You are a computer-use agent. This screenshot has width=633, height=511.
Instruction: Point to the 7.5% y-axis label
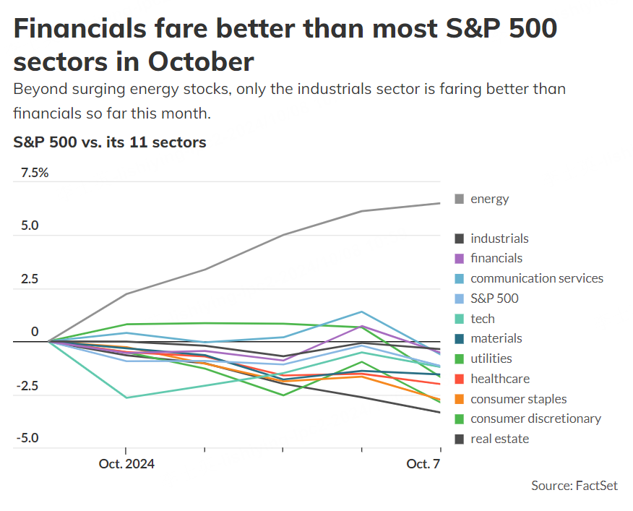35,173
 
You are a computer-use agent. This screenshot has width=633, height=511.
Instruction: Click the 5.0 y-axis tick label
30,226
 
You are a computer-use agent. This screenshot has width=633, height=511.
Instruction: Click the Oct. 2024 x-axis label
126,463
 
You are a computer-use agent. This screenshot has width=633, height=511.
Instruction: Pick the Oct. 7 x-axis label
423,463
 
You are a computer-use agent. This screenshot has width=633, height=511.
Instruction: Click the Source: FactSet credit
574,486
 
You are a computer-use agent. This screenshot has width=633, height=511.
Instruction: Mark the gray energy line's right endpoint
440,203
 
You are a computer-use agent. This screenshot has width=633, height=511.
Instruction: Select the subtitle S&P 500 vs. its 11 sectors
110,142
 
